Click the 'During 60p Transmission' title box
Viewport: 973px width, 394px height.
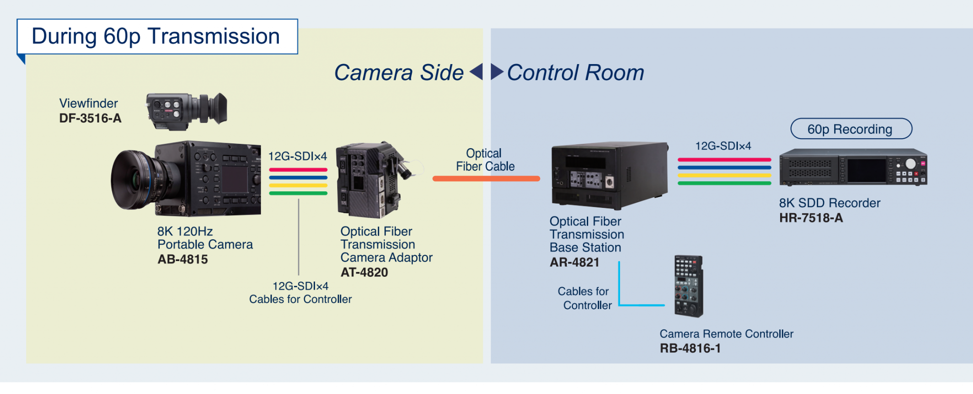[x=157, y=37]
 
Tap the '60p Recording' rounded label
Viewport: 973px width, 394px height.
[x=851, y=129]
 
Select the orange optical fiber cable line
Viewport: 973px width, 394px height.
[x=486, y=179]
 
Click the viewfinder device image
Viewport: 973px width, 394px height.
[x=187, y=110]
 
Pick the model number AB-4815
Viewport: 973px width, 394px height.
[x=183, y=259]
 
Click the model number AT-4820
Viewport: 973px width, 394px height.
[x=364, y=272]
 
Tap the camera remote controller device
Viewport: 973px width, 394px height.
[x=688, y=286]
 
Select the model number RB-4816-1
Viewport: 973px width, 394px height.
[x=690, y=348]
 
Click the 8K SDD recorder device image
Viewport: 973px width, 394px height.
[x=853, y=167]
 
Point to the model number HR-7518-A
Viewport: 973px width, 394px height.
[x=811, y=218]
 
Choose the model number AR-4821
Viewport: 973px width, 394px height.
[x=574, y=262]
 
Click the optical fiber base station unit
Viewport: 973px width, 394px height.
[x=609, y=175]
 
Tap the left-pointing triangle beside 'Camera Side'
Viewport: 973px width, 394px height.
[x=476, y=72]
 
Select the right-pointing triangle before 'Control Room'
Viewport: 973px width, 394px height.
[x=496, y=72]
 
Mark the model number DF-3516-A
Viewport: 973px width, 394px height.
[x=90, y=118]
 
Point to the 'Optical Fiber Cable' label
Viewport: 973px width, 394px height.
[x=485, y=160]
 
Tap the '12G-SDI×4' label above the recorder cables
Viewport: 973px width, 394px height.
[x=723, y=146]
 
